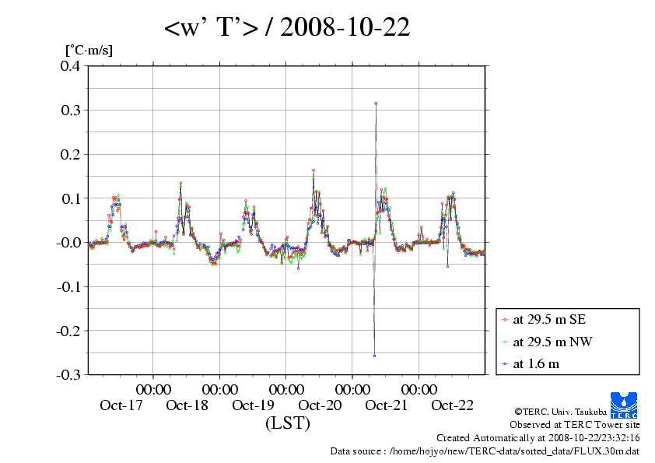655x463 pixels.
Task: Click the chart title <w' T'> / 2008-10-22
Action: click(287, 27)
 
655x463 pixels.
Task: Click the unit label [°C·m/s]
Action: click(89, 50)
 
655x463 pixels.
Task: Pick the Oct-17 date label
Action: click(121, 405)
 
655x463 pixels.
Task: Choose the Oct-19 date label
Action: click(253, 405)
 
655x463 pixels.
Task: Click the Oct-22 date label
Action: click(452, 405)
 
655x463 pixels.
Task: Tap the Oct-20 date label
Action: click(320, 405)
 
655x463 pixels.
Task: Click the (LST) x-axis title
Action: click(287, 424)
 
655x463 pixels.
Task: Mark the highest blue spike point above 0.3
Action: click(376, 103)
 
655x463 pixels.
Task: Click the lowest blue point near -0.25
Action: click(374, 356)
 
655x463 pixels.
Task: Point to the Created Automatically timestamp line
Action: click(538, 437)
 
